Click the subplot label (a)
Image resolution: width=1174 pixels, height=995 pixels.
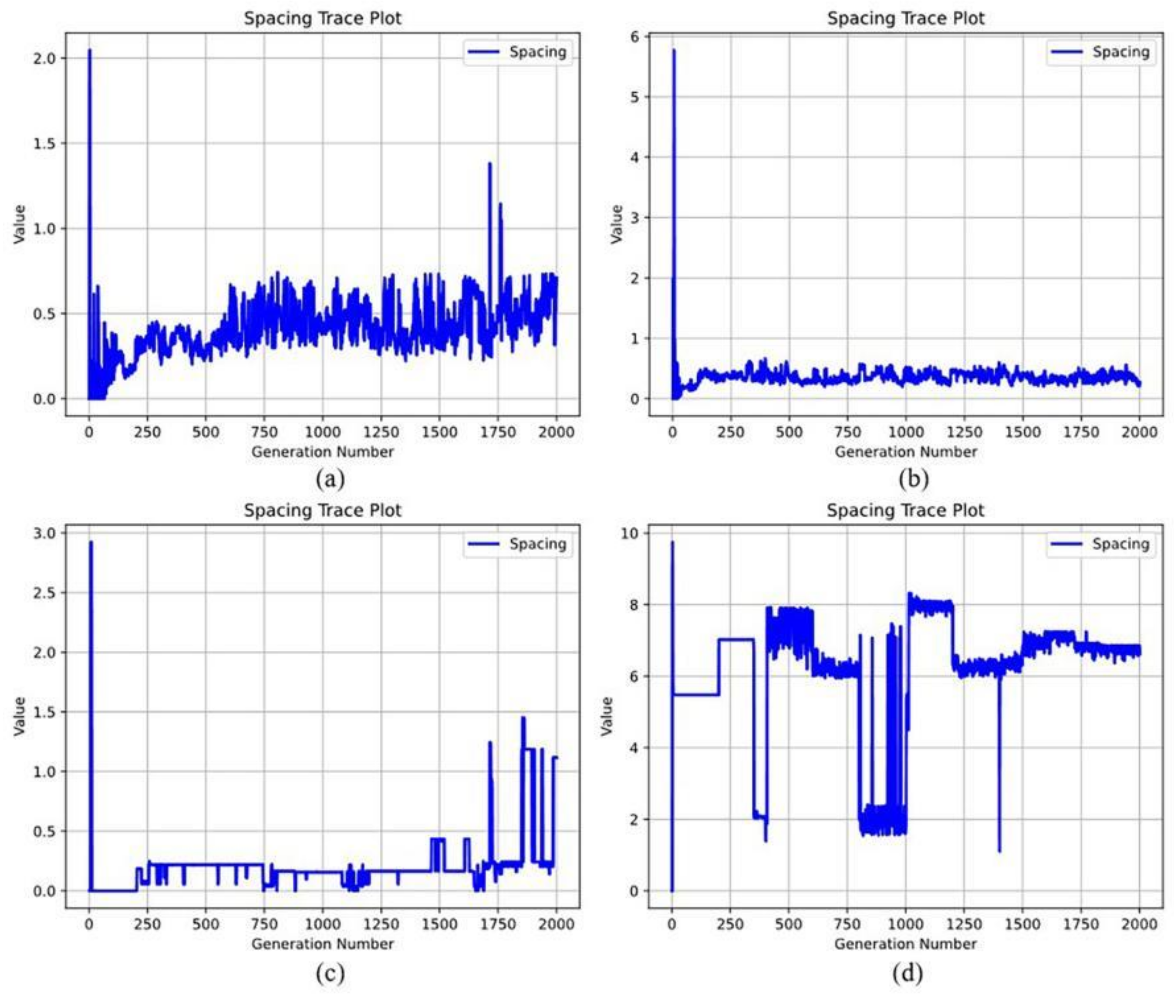pyautogui.click(x=330, y=480)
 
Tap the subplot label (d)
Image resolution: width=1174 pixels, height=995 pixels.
pyautogui.click(x=908, y=971)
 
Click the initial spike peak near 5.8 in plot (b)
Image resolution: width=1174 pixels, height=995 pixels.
pyautogui.click(x=674, y=51)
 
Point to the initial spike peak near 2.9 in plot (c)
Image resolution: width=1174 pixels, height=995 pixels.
pyautogui.click(x=91, y=543)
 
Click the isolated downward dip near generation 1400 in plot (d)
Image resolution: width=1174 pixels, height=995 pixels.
pyautogui.click(x=999, y=851)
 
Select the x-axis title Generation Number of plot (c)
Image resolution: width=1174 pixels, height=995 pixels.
pyautogui.click(x=323, y=944)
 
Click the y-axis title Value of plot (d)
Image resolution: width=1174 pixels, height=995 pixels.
pyautogui.click(x=607, y=716)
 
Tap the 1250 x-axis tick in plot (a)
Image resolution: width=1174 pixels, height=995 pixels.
pyautogui.click(x=381, y=432)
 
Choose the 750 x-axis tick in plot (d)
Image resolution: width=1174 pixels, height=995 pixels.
pyautogui.click(x=847, y=924)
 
